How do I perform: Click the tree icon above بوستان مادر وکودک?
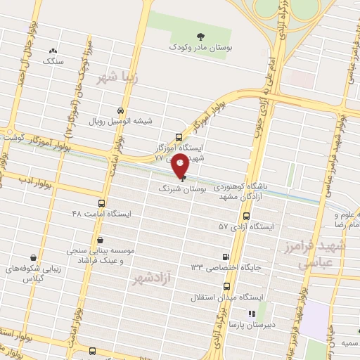202,34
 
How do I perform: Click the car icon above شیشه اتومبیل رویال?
121,110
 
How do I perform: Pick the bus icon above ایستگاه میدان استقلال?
226,287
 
